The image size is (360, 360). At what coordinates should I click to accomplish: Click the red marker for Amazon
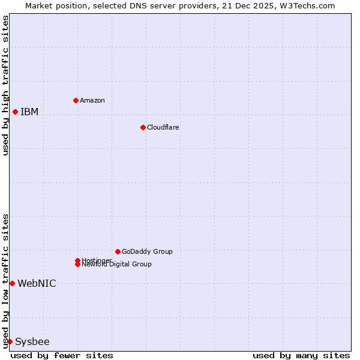click(x=76, y=100)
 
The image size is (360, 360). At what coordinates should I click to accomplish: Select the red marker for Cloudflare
click(x=143, y=127)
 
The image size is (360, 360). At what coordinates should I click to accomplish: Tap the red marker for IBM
click(x=15, y=112)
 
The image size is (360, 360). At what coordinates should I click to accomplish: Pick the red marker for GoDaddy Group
click(x=118, y=251)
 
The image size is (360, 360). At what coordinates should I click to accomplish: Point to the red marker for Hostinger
click(x=77, y=260)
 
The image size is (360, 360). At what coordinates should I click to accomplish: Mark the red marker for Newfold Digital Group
click(x=77, y=265)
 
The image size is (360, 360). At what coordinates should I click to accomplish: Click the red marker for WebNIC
click(x=12, y=283)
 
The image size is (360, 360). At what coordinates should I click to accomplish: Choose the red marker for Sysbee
click(x=10, y=341)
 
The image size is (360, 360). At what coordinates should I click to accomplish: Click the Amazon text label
click(x=92, y=100)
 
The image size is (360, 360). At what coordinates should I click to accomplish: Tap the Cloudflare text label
click(x=163, y=127)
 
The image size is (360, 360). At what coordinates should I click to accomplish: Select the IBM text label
click(x=29, y=112)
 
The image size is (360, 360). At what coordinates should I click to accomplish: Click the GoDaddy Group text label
click(x=147, y=251)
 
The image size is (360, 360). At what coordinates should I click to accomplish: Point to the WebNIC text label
click(x=37, y=283)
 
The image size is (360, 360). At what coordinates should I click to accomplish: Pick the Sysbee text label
click(x=32, y=341)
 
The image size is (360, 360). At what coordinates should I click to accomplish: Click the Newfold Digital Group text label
click(x=117, y=265)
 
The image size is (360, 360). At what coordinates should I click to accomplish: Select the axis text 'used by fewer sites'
click(x=62, y=355)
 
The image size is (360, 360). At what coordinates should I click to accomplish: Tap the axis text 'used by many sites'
click(x=301, y=355)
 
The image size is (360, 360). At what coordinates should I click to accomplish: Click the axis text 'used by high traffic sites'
click(x=5, y=85)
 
